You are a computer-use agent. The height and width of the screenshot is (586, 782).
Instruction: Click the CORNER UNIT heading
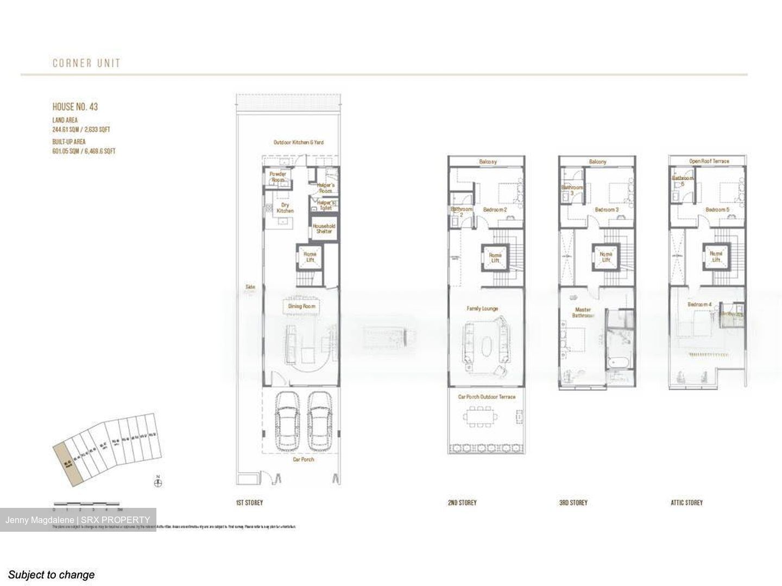tap(86, 63)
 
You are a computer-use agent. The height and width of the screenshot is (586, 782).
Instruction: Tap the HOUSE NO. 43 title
tap(75, 107)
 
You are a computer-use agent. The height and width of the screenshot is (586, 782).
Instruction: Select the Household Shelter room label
tap(324, 228)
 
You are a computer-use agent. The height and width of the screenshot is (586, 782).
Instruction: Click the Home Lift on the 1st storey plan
tap(310, 257)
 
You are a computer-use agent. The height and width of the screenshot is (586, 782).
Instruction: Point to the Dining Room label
tap(301, 307)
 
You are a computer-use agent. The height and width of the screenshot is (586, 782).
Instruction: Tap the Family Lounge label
tap(482, 308)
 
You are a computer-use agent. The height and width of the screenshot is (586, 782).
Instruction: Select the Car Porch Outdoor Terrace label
tap(487, 397)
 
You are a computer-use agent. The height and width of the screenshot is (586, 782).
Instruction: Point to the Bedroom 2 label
tap(495, 210)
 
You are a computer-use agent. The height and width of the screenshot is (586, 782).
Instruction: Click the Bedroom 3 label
tap(606, 210)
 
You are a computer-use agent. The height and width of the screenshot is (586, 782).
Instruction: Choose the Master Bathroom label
tap(584, 313)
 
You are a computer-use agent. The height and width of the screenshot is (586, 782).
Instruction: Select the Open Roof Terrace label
tap(709, 161)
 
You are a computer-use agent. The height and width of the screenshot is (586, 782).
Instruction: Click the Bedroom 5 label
tap(717, 210)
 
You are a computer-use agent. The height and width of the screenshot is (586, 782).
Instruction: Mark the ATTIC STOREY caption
tap(686, 503)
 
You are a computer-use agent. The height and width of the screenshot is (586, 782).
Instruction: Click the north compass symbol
tap(158, 482)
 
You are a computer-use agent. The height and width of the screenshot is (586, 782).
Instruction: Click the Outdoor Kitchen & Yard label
tap(298, 142)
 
